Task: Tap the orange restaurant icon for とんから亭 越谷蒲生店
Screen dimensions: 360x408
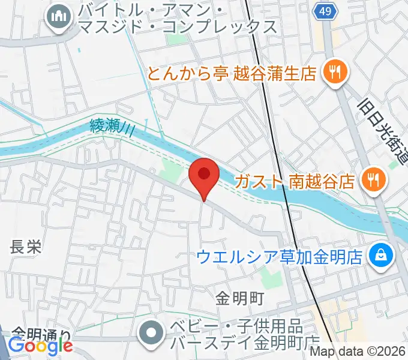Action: click(332, 73)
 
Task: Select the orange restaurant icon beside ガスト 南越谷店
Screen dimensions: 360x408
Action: click(373, 179)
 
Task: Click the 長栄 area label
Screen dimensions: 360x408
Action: click(26, 247)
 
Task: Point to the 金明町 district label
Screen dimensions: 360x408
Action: click(240, 297)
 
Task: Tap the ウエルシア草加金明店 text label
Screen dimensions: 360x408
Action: click(280, 257)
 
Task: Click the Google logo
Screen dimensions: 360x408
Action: click(40, 346)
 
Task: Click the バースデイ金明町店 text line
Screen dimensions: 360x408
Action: click(245, 344)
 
